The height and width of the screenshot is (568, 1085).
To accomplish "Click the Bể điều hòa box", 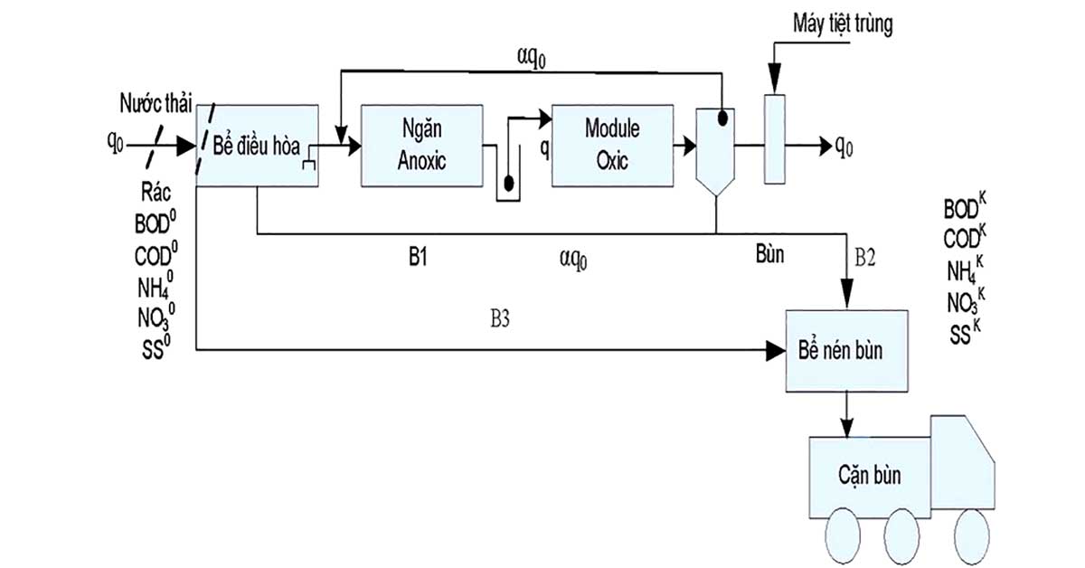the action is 257,146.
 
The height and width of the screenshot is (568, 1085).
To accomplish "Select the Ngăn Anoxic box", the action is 422,146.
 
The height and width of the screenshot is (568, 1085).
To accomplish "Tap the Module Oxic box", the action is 613,146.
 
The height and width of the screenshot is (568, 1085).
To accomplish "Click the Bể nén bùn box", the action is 846,351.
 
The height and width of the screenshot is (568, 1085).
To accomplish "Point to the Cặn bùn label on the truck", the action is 870,476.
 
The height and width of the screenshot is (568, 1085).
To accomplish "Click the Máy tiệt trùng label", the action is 843,24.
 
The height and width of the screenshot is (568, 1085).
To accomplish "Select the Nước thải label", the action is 156,104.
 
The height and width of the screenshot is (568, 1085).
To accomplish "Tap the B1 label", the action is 418,257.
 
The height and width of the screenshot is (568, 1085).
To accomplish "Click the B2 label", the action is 864,258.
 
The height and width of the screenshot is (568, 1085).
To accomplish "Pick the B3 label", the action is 500,319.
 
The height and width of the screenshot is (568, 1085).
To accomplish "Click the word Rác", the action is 156,193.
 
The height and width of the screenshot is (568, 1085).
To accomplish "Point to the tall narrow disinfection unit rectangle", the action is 775,139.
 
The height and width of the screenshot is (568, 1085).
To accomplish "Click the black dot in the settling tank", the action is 722,118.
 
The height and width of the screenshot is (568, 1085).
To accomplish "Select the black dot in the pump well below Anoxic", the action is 508,184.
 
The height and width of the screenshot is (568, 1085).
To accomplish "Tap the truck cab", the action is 962,462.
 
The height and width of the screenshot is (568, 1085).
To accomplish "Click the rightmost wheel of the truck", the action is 972,536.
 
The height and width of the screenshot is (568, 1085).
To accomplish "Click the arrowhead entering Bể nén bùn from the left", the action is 776,350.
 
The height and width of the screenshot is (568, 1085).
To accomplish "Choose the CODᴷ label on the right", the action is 965,238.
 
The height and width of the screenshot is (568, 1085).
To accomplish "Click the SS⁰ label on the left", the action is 156,347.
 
